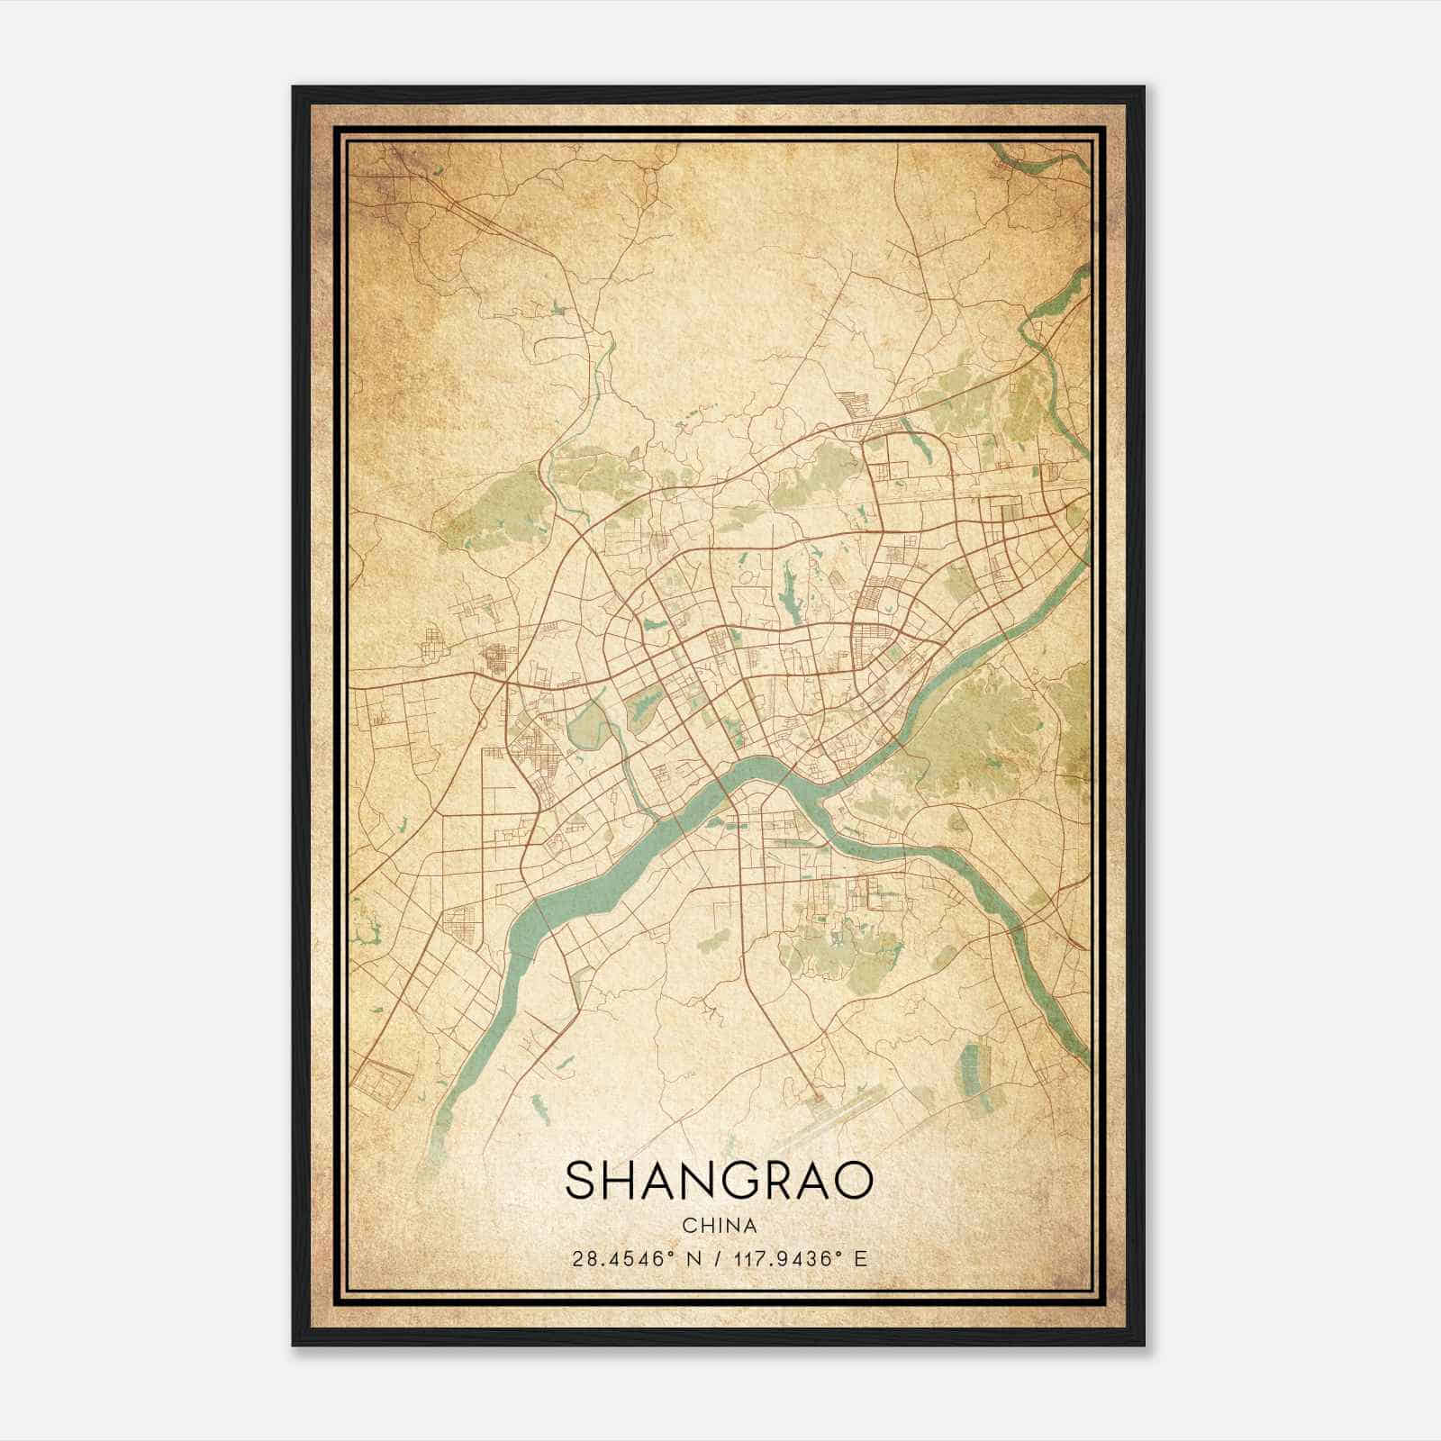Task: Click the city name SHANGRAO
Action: click(719, 1181)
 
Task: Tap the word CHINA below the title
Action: click(719, 1226)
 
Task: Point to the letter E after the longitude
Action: click(861, 1259)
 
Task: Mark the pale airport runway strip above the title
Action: click(856, 1104)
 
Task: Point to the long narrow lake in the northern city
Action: click(793, 590)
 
